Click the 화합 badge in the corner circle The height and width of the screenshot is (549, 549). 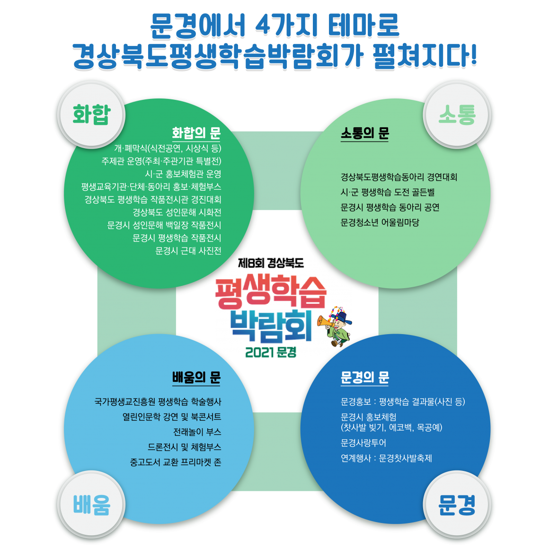coord(91,115)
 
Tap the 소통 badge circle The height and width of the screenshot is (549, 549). coord(457,115)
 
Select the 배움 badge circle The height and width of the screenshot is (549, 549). coord(91,505)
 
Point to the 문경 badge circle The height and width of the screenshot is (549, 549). coord(457,505)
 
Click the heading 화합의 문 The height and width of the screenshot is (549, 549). coord(196,133)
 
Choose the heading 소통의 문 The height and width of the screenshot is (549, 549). coord(365,133)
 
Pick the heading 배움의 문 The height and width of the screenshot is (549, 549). coord(196,377)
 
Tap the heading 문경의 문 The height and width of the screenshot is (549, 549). coord(365,377)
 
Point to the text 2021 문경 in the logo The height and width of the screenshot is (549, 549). coord(271,352)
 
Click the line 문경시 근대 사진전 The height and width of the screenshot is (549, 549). coord(188,251)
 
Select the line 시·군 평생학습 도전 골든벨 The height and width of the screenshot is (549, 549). coord(388,192)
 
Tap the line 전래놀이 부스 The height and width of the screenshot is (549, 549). coord(197,432)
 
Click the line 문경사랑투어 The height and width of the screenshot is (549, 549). coord(363,443)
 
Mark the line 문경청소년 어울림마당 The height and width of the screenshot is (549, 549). coord(380,222)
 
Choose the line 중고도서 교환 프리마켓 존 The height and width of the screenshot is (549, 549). coord(176,462)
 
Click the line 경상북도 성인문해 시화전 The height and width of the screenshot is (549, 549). coord(177,213)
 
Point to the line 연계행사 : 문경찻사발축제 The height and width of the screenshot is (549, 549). coord(386,458)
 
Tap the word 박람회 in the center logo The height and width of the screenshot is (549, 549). coord(271,326)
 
